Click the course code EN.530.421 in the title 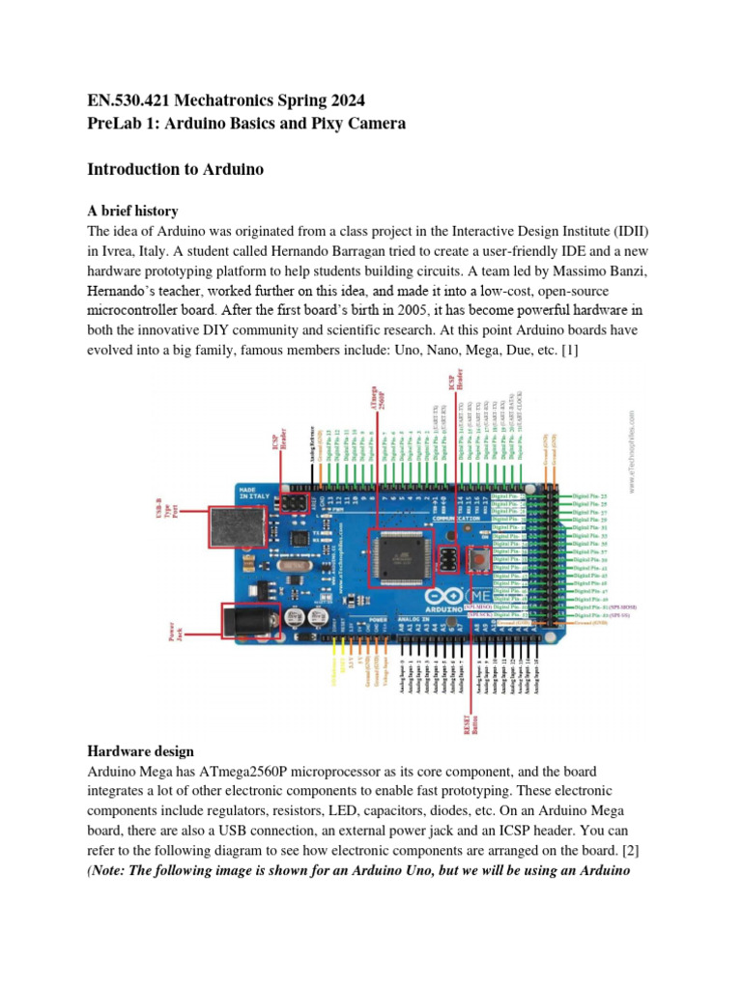point(131,100)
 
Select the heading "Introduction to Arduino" point(176,169)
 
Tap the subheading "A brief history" point(132,211)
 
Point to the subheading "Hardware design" point(140,750)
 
